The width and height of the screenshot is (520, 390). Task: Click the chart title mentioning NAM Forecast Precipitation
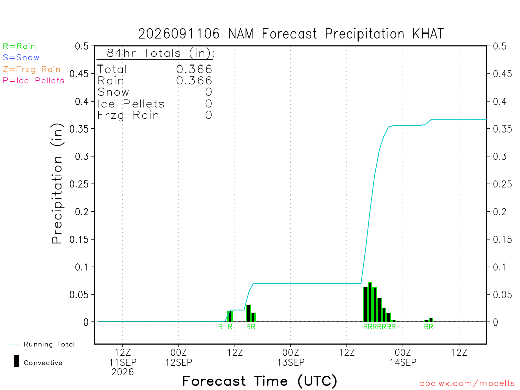(291, 34)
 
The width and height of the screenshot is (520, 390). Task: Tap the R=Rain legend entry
(19, 46)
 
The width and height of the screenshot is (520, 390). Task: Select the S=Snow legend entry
(21, 58)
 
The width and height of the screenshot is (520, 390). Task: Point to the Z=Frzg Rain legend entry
(31, 69)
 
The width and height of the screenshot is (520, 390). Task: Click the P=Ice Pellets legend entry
(34, 81)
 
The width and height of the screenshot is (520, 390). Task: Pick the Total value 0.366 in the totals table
(194, 69)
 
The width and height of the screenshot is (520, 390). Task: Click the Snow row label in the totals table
(113, 92)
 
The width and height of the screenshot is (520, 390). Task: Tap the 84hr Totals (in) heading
(160, 53)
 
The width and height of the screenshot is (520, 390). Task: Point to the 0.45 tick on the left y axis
(79, 74)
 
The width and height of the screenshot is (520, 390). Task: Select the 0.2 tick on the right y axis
(500, 212)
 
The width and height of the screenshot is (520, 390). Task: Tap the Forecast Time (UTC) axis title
(259, 381)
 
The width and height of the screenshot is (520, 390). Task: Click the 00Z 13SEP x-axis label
(290, 357)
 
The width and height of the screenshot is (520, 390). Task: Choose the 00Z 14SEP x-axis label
(403, 357)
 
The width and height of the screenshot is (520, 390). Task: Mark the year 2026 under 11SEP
(123, 372)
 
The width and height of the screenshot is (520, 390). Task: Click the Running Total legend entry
(42, 344)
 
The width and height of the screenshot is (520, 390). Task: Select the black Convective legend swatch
(16, 362)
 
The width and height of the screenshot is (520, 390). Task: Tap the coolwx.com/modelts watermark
(468, 384)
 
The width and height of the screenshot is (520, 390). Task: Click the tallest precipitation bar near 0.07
(370, 302)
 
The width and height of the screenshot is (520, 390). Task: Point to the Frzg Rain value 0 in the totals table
(208, 115)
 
